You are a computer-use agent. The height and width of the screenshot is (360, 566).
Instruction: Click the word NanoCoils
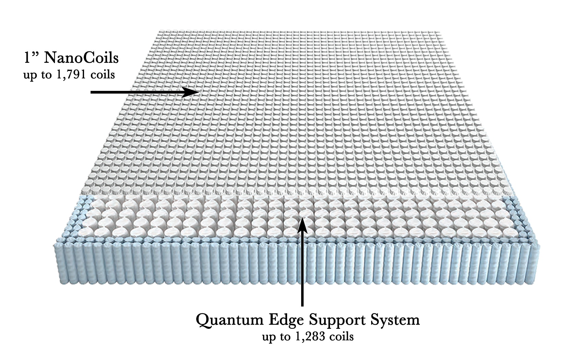click(81, 58)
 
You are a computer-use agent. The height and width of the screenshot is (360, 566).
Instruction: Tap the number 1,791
click(66, 74)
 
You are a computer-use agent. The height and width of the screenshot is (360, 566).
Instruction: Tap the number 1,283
click(309, 337)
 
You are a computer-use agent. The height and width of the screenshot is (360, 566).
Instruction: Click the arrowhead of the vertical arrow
click(302, 221)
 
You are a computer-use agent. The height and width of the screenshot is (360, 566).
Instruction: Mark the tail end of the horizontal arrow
click(92, 92)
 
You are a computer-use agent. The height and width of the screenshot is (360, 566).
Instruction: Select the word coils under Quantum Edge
click(340, 337)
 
